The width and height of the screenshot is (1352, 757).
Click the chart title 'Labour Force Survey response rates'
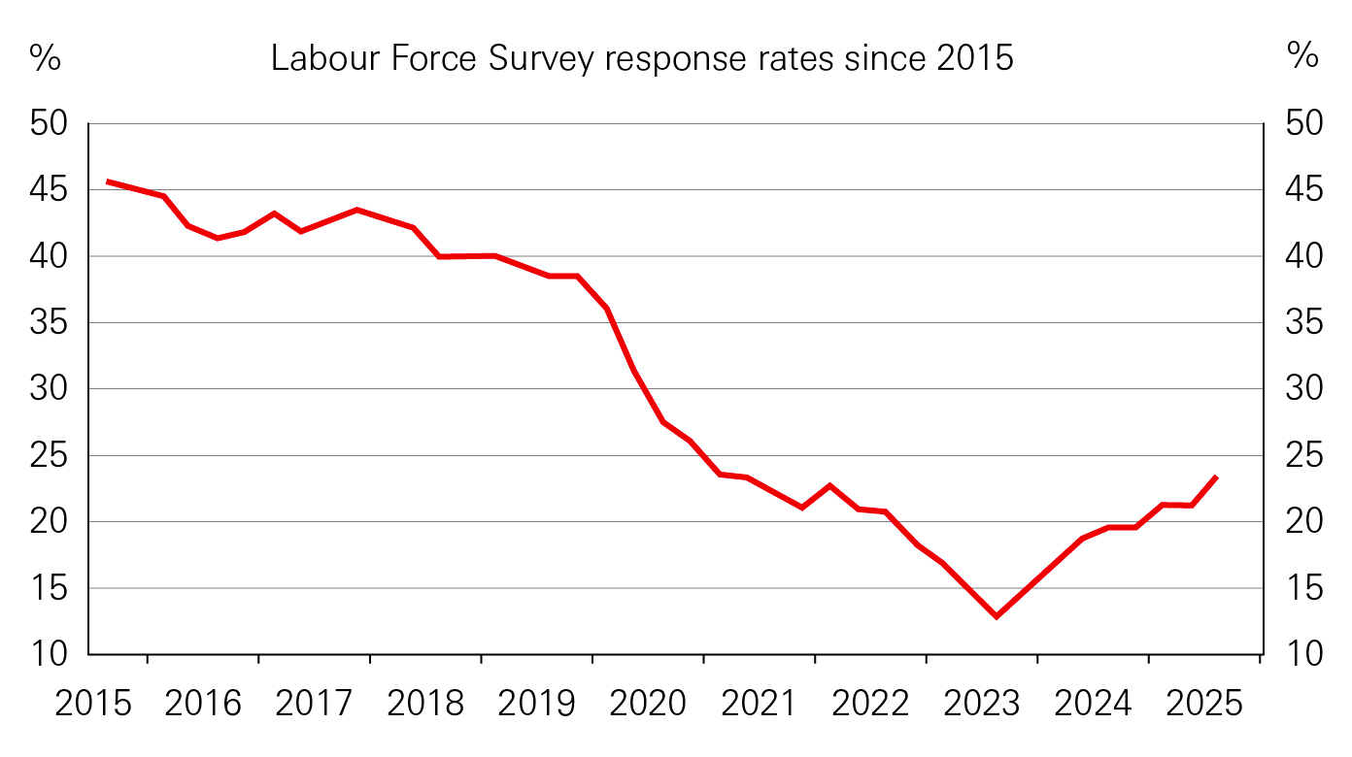(x=642, y=59)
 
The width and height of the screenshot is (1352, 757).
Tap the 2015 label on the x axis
(x=93, y=704)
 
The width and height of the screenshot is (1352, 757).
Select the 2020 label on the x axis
(x=649, y=704)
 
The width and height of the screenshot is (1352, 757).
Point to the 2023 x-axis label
(x=982, y=704)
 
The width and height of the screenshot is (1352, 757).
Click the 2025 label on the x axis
(x=1204, y=704)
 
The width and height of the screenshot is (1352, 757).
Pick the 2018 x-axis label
(x=426, y=704)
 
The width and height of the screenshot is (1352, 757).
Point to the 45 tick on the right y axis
(x=1302, y=190)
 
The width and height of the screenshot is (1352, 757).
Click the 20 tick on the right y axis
(x=1302, y=522)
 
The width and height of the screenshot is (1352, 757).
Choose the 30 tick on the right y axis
(x=1302, y=389)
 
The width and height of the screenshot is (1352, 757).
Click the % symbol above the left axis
(x=45, y=57)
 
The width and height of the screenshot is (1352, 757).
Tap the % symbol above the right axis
(x=1302, y=57)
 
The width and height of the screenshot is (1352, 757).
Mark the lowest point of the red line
(x=997, y=616)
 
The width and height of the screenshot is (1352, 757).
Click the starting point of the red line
(x=107, y=181)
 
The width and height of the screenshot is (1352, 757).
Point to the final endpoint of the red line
(x=1217, y=477)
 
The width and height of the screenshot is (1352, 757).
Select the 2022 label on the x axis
(x=871, y=704)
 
